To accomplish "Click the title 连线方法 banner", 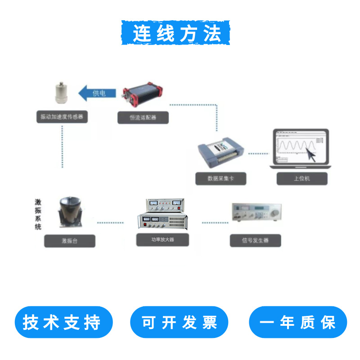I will [176, 32].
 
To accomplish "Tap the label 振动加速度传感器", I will [62, 117].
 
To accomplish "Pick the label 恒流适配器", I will [143, 118].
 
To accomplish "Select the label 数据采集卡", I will [220, 178].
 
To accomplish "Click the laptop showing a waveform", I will [301, 148].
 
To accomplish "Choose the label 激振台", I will [70, 241].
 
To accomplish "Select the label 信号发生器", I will [255, 240].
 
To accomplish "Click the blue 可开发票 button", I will [179, 322].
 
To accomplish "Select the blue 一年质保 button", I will [298, 322].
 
